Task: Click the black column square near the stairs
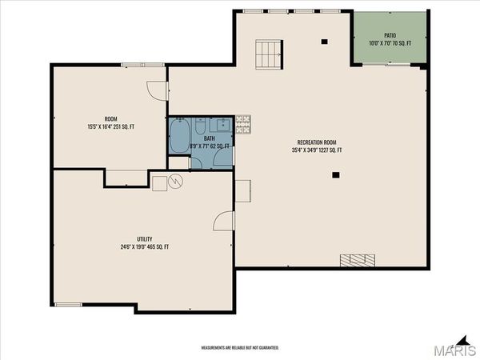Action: [x=324, y=42]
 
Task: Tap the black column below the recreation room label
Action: [x=335, y=174]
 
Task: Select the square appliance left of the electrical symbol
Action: [x=159, y=182]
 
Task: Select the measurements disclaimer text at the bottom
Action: [x=240, y=348]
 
